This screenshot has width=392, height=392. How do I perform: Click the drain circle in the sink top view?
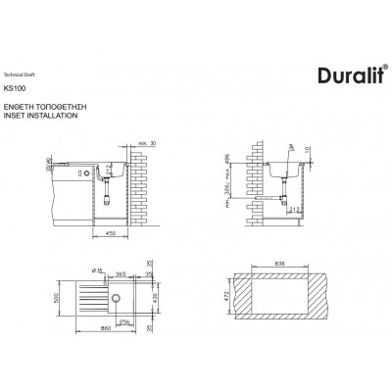(115, 296)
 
